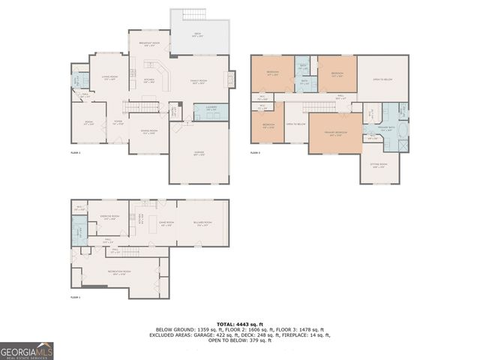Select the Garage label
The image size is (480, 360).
point(199,154)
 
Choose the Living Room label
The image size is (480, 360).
point(109,78)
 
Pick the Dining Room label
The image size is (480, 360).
point(148,132)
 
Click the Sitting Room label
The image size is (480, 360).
point(379,165)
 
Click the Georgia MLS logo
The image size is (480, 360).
point(27,350)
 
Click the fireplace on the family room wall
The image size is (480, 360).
point(232,78)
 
